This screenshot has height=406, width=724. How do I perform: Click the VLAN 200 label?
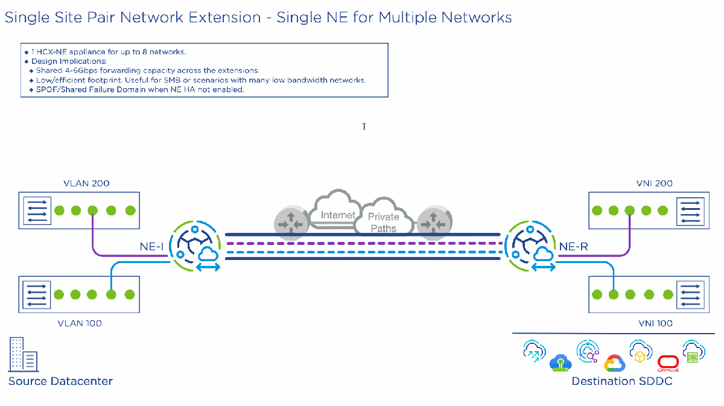click(86, 183)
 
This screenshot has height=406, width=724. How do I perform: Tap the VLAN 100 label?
click(80, 323)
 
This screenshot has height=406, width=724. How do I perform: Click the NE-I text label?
click(151, 246)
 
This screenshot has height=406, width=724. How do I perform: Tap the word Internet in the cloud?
click(338, 215)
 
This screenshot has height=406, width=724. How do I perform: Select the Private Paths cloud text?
click(384, 223)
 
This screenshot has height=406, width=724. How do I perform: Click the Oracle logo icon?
click(668, 363)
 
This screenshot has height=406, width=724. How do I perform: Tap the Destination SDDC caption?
click(621, 381)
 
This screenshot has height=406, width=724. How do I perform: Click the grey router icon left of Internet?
click(290, 221)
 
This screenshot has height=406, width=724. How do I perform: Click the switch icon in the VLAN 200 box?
click(37, 211)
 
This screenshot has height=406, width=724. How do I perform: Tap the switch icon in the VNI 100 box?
click(688, 294)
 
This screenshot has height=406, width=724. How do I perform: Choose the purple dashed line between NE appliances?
click(362, 244)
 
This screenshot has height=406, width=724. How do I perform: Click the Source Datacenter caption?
click(60, 381)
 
